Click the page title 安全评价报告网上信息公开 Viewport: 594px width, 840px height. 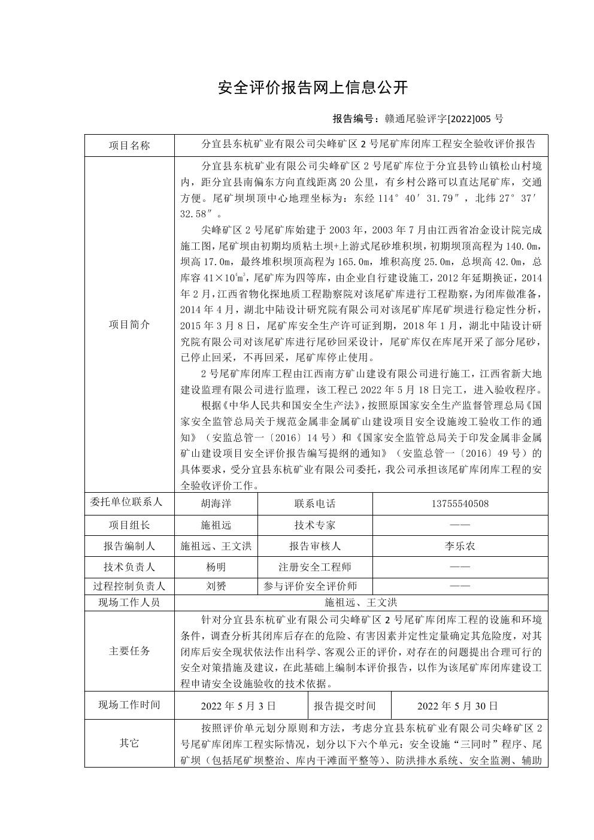(x=313, y=88)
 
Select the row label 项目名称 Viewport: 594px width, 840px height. (x=129, y=145)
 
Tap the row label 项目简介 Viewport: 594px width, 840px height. (x=129, y=325)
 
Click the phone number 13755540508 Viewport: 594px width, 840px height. (x=459, y=504)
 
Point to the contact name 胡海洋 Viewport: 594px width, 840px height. (x=216, y=504)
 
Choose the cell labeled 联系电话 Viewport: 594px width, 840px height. (x=314, y=504)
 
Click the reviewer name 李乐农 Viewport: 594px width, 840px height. (x=459, y=546)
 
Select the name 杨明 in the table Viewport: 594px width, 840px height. (x=216, y=567)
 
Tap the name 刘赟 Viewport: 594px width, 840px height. (x=216, y=586)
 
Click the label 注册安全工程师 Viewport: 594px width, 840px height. (x=314, y=567)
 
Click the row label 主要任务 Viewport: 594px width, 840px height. (x=129, y=651)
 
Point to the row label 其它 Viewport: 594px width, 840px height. (x=129, y=743)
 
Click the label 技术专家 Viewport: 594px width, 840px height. (x=314, y=525)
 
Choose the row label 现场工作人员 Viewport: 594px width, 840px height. (x=129, y=602)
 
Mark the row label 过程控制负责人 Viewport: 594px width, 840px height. (x=129, y=586)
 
